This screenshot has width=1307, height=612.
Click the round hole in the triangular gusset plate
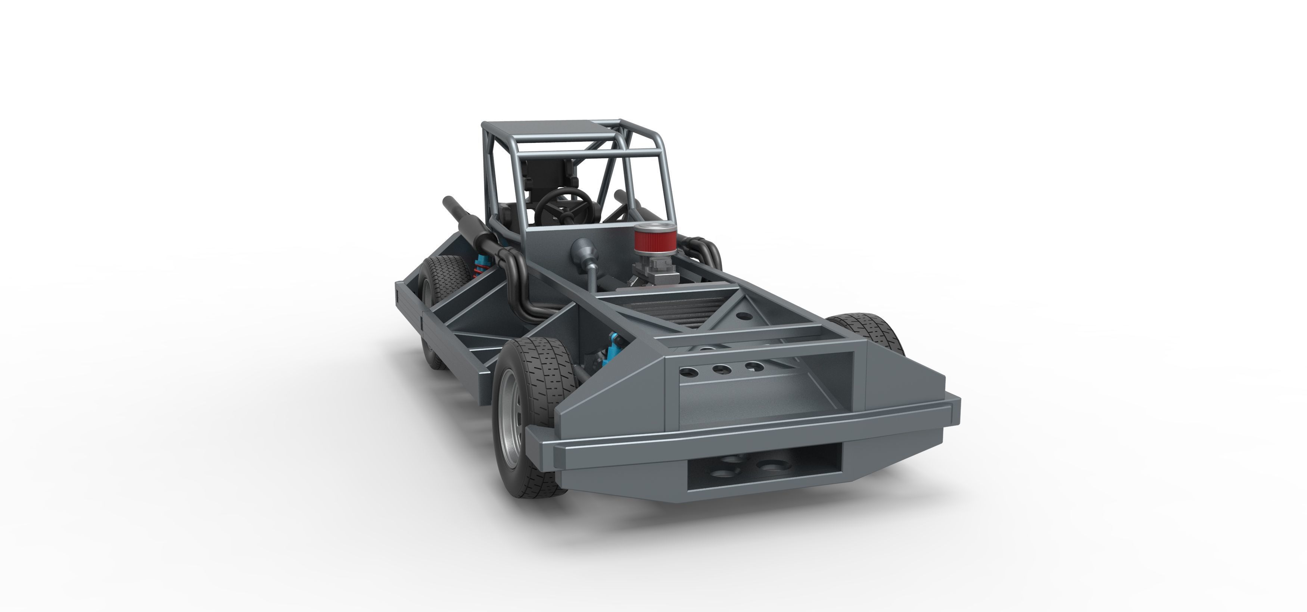coord(744,316)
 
